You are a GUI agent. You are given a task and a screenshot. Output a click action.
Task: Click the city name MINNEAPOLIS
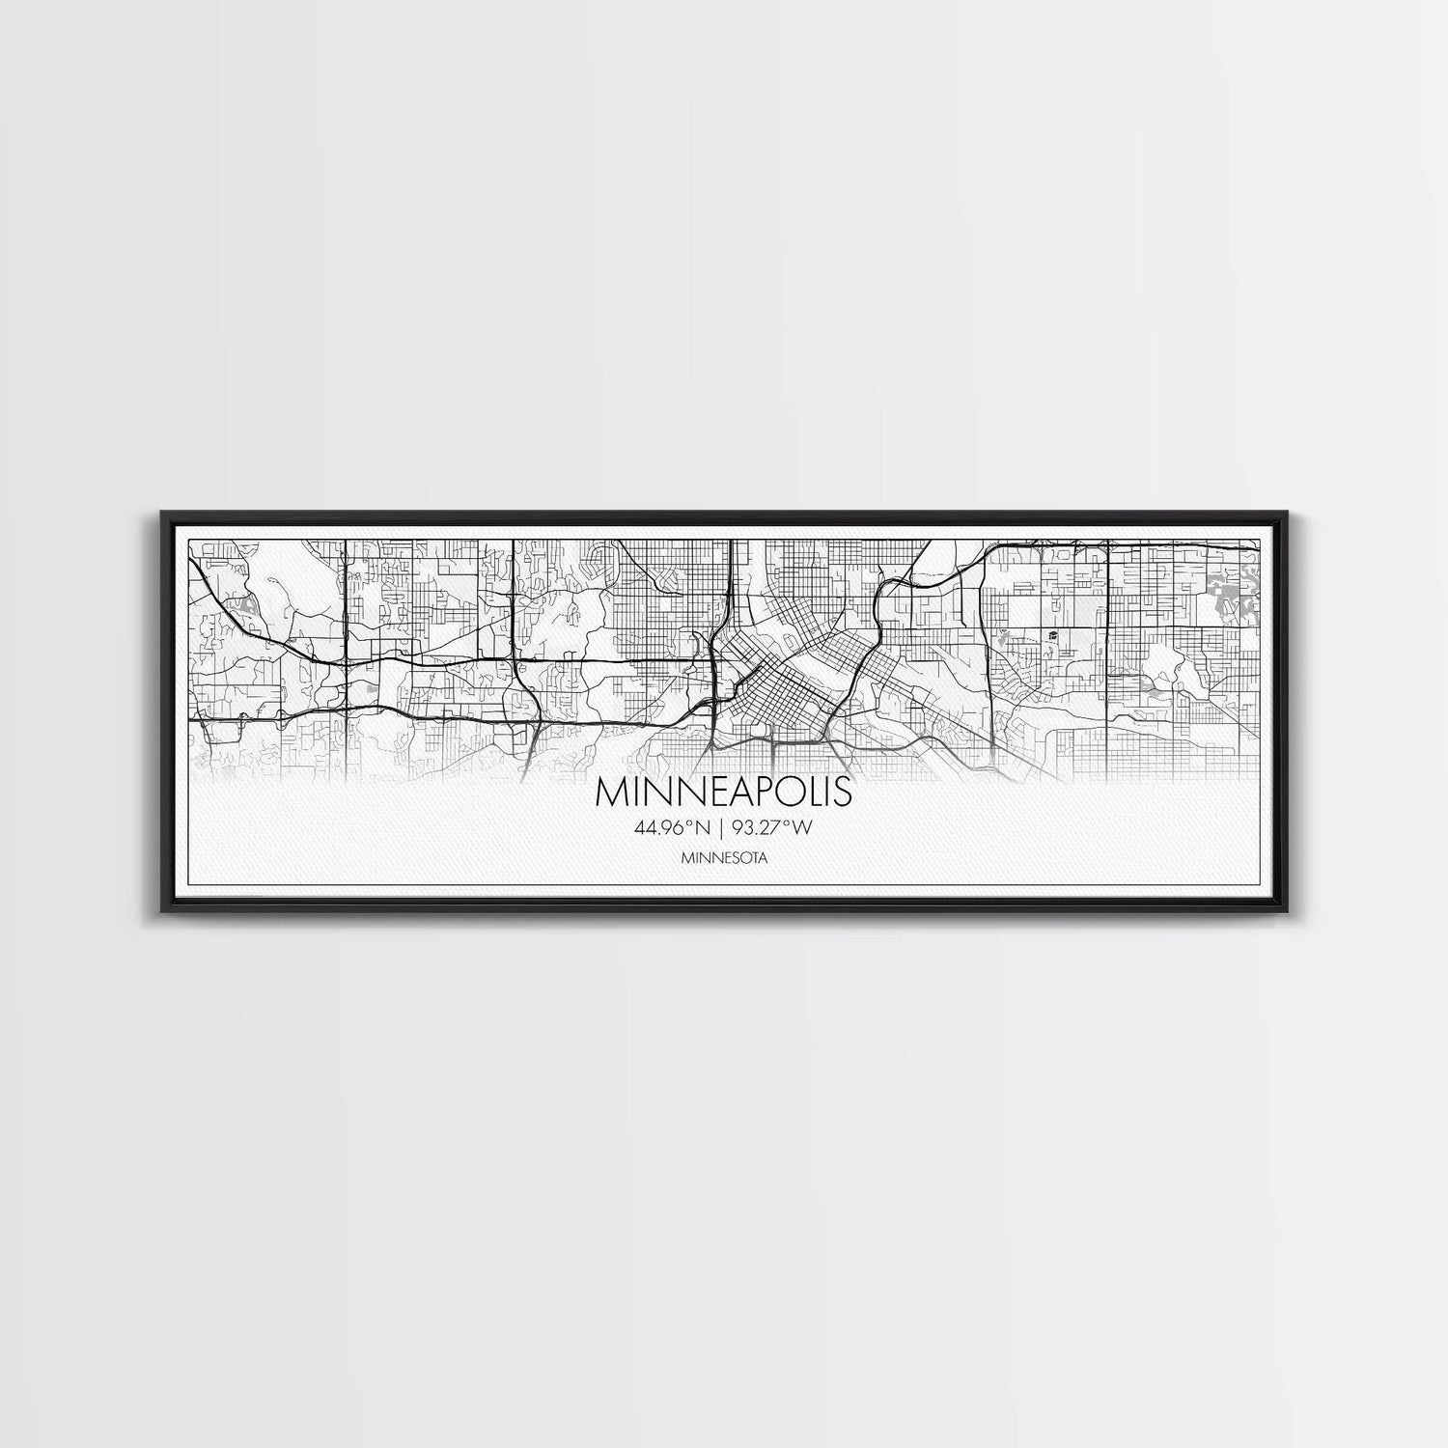[x=724, y=792]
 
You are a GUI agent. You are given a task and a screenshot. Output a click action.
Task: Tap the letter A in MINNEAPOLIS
[x=731, y=792]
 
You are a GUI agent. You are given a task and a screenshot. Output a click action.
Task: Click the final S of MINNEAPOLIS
[x=843, y=792]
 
